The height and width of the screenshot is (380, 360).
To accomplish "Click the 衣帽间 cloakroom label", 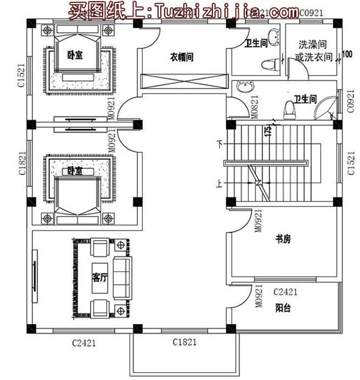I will (181, 58).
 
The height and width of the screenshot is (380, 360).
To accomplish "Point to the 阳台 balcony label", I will (283, 309).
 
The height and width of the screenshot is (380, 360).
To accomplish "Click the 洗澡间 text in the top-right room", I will (313, 46).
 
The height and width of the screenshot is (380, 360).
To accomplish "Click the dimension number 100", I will (347, 55).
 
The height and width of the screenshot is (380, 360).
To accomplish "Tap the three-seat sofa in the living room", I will (122, 278).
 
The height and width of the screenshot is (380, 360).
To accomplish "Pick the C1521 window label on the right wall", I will (352, 163).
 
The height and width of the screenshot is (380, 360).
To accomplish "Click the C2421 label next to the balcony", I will (286, 292).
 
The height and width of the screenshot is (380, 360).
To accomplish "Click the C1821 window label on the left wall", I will (21, 163).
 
